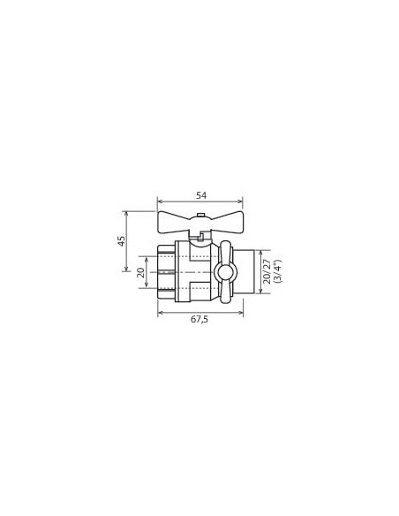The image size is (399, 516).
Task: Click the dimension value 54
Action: tap(201, 195)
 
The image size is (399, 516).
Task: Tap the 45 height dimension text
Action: tap(122, 241)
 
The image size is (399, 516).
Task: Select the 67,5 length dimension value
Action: tap(199, 319)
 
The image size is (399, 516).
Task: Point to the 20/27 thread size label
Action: tap(267, 272)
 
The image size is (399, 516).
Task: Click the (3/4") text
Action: tap(277, 271)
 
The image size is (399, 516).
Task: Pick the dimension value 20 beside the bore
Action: tap(140, 272)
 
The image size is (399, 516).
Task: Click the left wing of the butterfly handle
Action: tap(175, 223)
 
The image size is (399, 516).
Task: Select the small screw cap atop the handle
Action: tap(200, 216)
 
